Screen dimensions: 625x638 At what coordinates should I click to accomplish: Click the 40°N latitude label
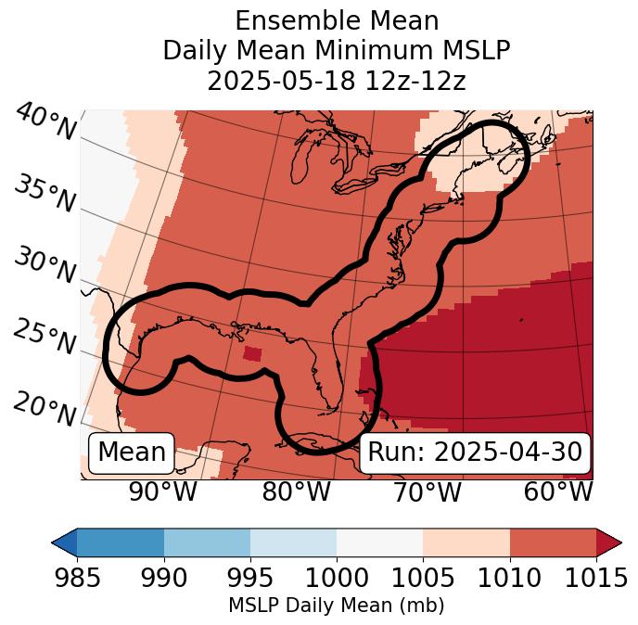tap(45, 122)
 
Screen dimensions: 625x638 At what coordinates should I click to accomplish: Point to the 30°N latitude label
tap(44, 266)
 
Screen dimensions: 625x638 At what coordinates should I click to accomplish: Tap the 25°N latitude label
tap(44, 338)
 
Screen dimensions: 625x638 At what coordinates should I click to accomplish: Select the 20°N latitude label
tap(44, 407)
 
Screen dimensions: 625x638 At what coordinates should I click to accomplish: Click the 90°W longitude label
tap(162, 492)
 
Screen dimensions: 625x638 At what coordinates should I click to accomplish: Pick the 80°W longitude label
tap(296, 492)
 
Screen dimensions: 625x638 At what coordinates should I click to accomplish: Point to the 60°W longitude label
tap(558, 492)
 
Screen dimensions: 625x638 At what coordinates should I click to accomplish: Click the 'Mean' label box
tap(132, 453)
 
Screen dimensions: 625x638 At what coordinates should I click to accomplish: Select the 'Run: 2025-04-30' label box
tap(475, 453)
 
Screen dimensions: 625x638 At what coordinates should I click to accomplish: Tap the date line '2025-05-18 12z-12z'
tap(337, 81)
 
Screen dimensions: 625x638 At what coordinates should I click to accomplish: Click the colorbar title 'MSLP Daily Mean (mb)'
tap(337, 606)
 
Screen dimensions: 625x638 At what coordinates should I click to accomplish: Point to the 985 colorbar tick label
tap(77, 578)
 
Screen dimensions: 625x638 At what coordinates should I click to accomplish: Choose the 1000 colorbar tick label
tap(337, 578)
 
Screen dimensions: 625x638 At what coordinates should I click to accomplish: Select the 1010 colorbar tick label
tap(509, 578)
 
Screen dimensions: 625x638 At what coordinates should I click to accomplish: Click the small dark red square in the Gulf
tap(251, 353)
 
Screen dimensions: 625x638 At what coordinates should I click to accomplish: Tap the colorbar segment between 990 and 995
tap(207, 542)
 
